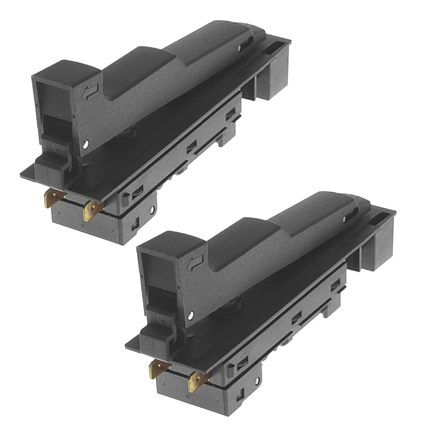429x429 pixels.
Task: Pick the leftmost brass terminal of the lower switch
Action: click(158, 369)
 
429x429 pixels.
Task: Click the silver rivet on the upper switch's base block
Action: click(152, 210)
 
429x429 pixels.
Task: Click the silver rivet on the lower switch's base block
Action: click(257, 381)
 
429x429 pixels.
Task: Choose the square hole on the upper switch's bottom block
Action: click(134, 223)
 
